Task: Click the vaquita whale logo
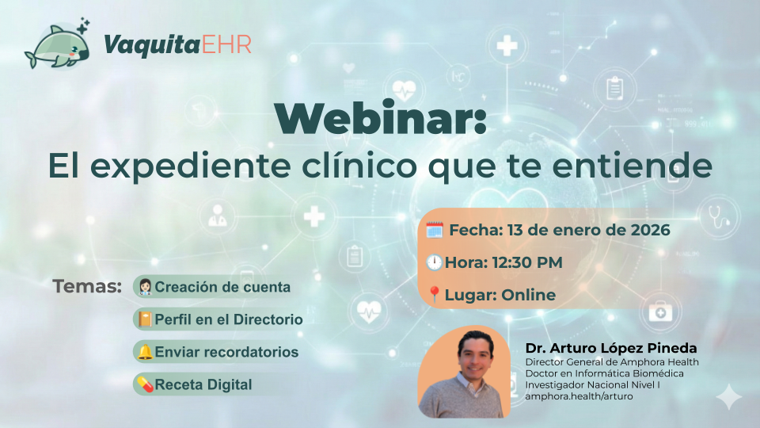click(57, 45)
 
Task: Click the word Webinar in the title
click(381, 120)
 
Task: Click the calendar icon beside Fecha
click(435, 231)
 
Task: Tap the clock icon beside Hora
click(434, 262)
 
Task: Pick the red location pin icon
click(434, 295)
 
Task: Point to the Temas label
click(87, 286)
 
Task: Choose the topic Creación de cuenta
click(222, 287)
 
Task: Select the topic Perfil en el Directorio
click(229, 319)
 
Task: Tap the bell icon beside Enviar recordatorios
click(145, 352)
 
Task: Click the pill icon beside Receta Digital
click(145, 384)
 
